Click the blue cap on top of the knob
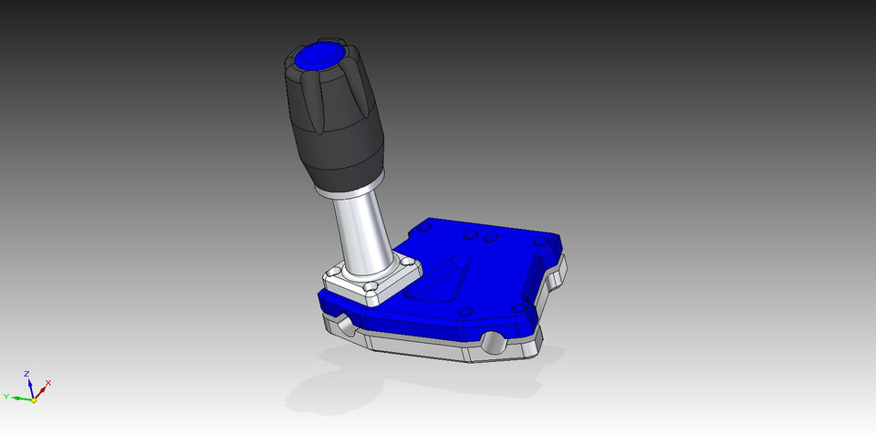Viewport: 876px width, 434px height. click(315, 57)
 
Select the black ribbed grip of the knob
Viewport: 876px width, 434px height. click(333, 119)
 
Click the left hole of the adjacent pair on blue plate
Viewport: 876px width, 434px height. click(471, 236)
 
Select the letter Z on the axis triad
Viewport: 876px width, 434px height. click(27, 374)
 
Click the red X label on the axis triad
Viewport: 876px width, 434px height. click(47, 383)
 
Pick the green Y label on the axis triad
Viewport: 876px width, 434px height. click(7, 397)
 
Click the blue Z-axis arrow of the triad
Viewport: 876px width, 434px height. click(30, 387)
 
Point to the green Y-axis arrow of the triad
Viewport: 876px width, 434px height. click(20, 398)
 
